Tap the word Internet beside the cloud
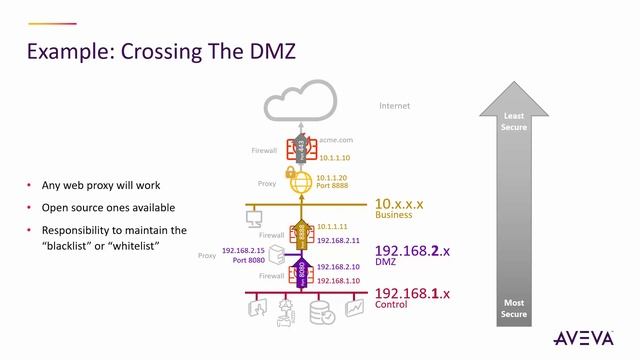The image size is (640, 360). pos(395,105)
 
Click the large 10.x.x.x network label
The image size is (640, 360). pos(399,203)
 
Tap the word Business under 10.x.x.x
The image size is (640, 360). pos(392,215)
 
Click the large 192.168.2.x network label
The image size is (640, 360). pos(411,251)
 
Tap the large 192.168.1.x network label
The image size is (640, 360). pos(411,293)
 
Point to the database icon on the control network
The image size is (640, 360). pos(321,313)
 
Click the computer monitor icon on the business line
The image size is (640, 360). pos(254,215)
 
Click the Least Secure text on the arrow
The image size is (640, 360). pos(514,121)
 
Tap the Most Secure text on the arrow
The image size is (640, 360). pos(514,307)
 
